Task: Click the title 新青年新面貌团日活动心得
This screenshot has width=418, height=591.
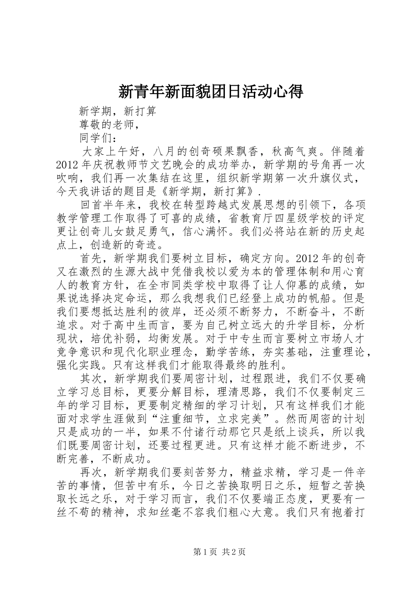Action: [x=211, y=91]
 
